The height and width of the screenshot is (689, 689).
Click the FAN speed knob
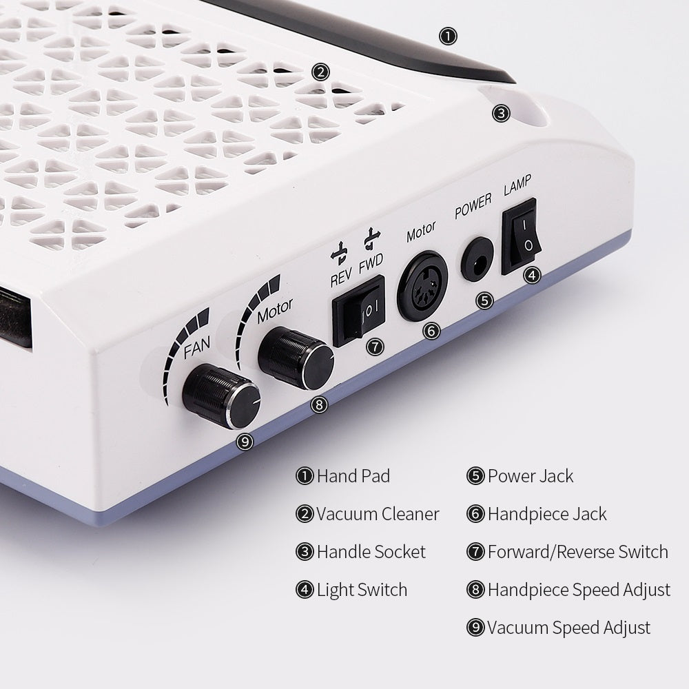tap(221, 396)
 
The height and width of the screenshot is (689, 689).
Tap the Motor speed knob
tap(296, 358)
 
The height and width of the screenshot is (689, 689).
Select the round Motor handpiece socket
tap(422, 286)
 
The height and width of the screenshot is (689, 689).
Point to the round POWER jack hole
tap(477, 259)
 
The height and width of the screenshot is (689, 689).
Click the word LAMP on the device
tap(517, 185)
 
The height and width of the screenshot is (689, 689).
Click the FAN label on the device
tap(197, 347)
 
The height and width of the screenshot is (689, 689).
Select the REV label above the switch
tap(341, 277)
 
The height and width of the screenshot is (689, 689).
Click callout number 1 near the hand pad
tap(449, 36)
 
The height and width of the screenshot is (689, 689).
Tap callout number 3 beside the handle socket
tap(501, 114)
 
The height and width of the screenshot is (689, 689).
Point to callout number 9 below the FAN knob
tap(245, 442)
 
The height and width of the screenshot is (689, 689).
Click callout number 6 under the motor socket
tap(431, 331)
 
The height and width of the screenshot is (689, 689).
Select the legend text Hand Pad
tap(353, 476)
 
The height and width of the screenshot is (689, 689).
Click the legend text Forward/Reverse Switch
tap(578, 552)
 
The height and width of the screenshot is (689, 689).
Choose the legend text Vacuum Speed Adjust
tap(569, 628)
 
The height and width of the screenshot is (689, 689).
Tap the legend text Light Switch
tap(362, 590)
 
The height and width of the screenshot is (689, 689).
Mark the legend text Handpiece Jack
tap(547, 514)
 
